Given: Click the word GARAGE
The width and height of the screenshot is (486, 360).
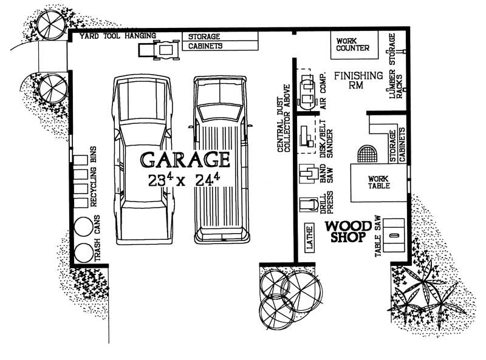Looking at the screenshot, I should click(x=185, y=160).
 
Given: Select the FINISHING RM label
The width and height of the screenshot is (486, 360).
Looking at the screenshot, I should click(x=358, y=80).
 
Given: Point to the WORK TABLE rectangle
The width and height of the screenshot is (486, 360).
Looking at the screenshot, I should click(x=378, y=183).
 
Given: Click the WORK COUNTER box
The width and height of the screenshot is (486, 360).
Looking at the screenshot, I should click(x=354, y=44).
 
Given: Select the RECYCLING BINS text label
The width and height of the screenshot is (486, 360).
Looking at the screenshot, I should click(x=94, y=177).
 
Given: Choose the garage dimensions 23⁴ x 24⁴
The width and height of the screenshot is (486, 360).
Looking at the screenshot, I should click(x=185, y=180).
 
